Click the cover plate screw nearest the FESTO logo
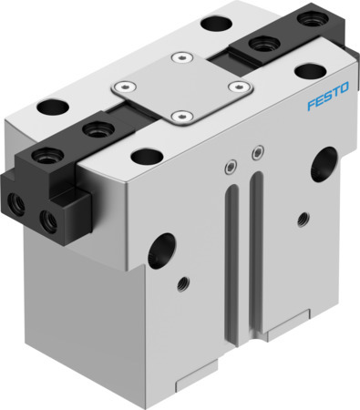point(239,87)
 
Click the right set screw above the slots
point(259,150)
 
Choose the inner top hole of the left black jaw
point(92,130)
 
